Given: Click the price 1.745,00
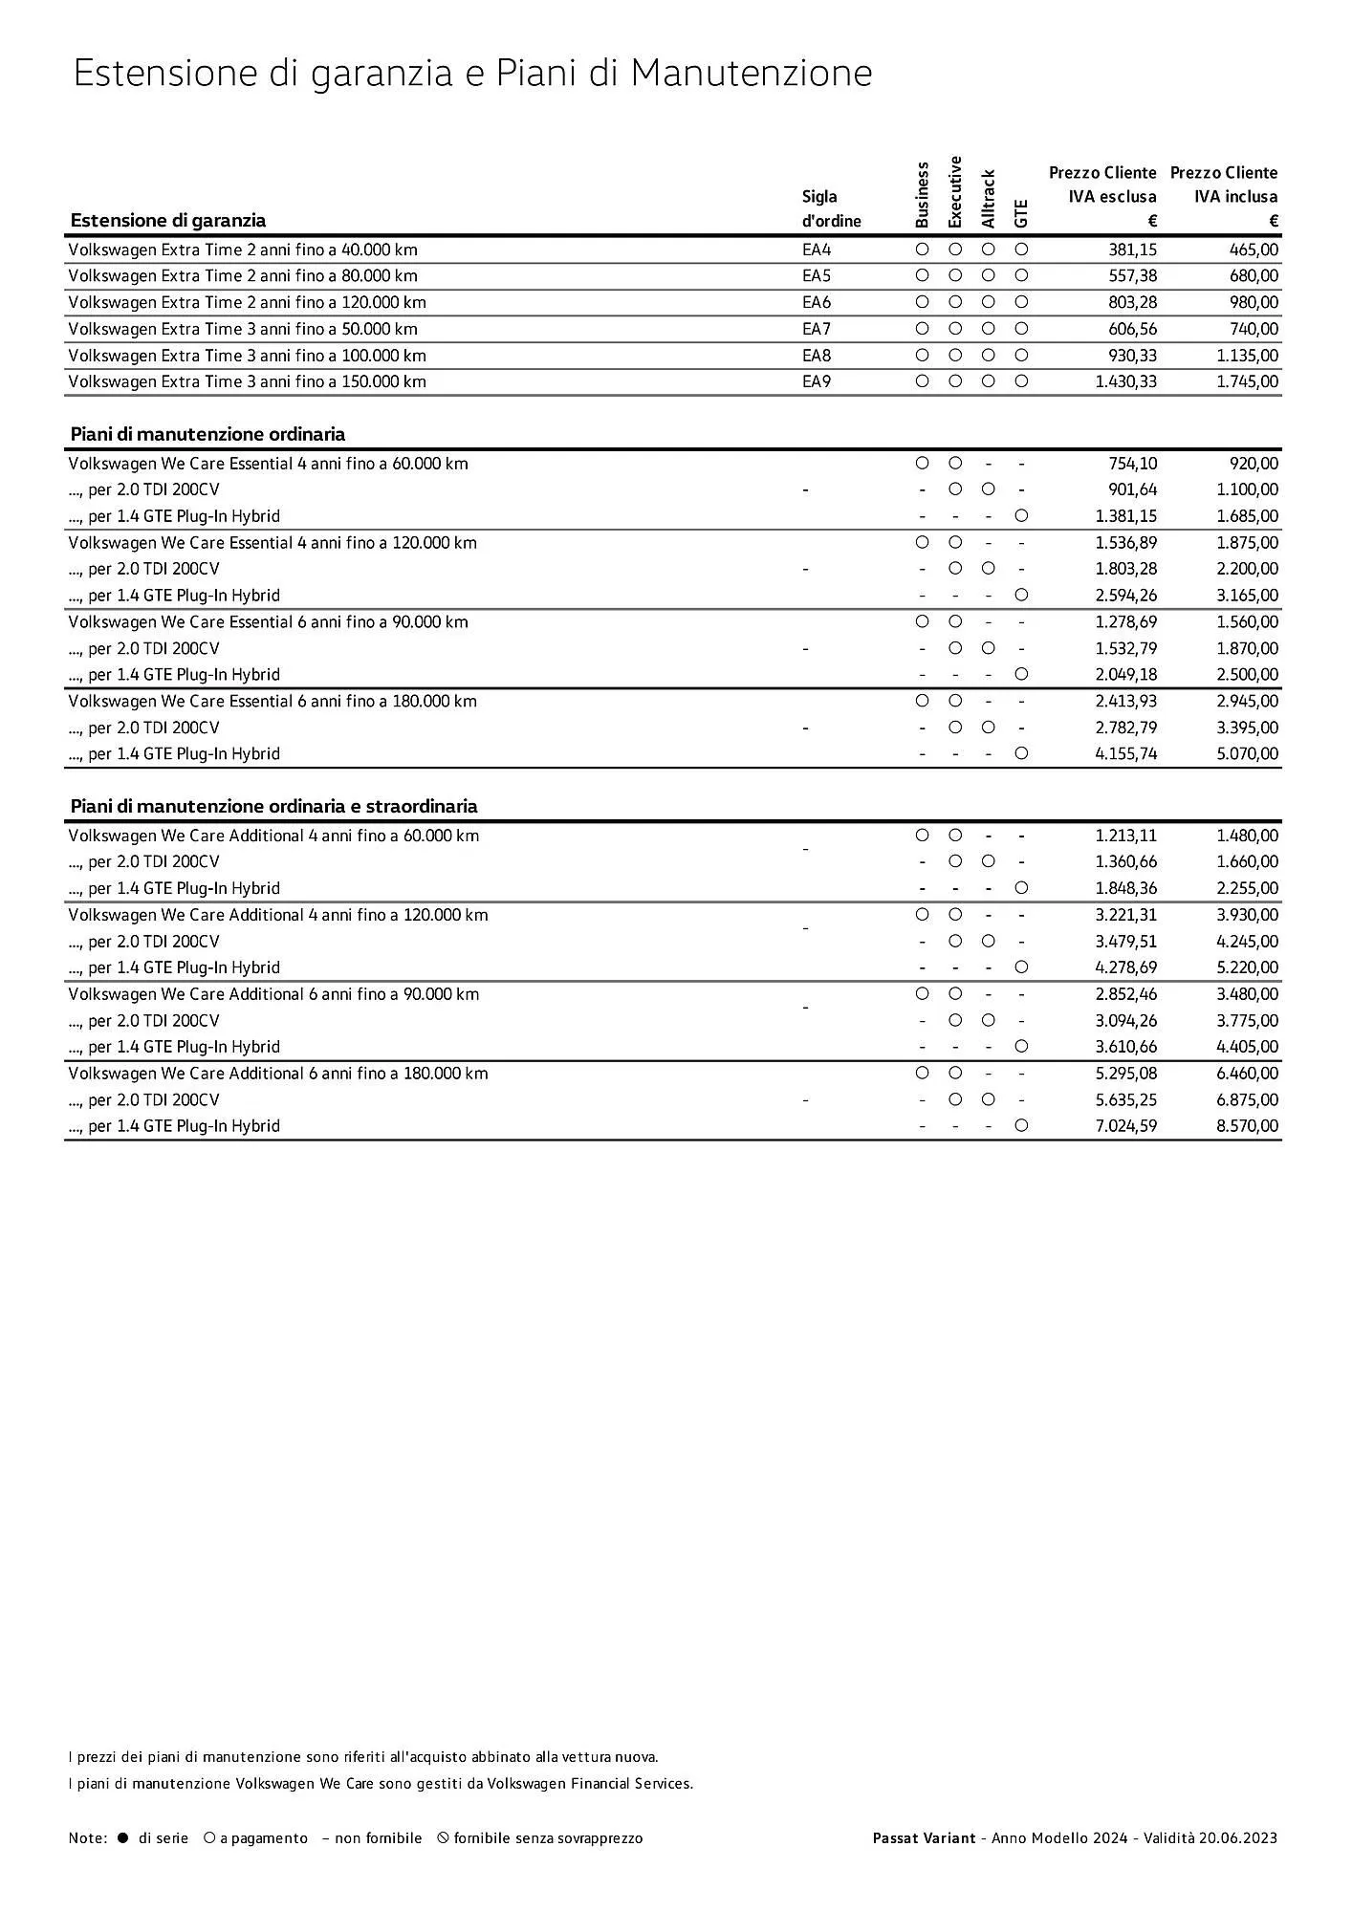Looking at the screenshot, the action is click(x=1247, y=382).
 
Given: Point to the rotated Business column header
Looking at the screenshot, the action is click(x=922, y=195).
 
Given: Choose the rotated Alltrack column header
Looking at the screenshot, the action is click(x=989, y=200).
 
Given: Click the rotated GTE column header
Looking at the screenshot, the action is click(x=1021, y=213).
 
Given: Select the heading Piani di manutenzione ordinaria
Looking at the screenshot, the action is click(x=207, y=435).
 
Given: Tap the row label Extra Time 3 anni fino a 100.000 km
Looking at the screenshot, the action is click(x=247, y=356).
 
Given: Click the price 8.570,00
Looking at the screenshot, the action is click(x=1247, y=1126).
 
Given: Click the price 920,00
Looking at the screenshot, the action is click(x=1254, y=464).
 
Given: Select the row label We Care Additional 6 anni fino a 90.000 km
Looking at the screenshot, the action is click(x=273, y=994).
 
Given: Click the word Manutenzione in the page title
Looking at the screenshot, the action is click(x=752, y=74).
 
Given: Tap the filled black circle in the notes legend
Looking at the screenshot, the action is click(x=122, y=1838).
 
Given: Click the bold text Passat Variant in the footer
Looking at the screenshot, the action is click(x=924, y=1838).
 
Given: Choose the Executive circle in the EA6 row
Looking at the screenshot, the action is click(x=955, y=303).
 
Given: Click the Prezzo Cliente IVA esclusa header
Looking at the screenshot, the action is click(x=1102, y=196).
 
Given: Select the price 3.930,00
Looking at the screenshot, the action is click(x=1247, y=915).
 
